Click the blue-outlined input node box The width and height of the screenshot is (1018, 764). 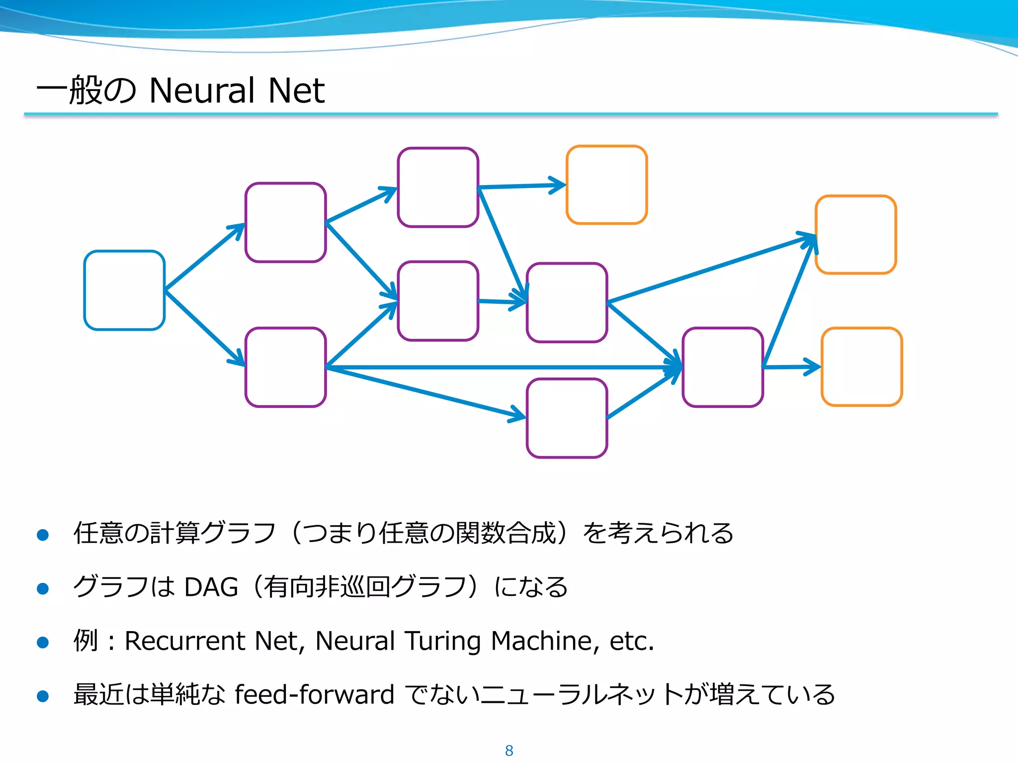click(x=124, y=290)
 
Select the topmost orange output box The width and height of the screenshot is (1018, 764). click(x=606, y=185)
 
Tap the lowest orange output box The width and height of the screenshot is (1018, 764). click(x=861, y=367)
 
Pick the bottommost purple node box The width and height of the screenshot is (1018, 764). click(x=567, y=418)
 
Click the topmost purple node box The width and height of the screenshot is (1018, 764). click(x=438, y=187)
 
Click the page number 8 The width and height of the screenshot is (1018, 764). click(x=509, y=751)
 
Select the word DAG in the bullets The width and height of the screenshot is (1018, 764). click(x=211, y=587)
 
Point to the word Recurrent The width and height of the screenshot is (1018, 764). click(x=185, y=641)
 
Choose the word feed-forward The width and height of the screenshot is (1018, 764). click(x=314, y=694)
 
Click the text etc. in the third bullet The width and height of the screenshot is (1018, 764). click(x=631, y=641)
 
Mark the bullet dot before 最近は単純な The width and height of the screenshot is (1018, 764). click(x=43, y=696)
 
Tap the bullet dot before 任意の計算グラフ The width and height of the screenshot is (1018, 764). click(x=43, y=535)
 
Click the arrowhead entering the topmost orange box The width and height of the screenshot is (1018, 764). click(x=559, y=185)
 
